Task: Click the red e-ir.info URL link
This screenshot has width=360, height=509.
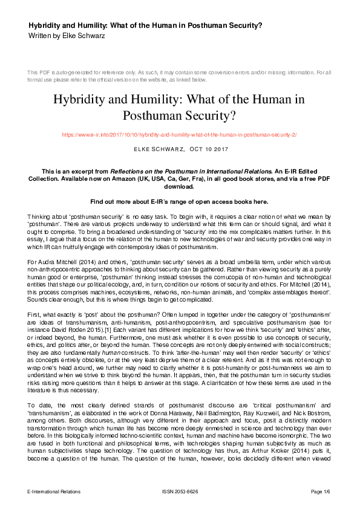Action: (180, 134)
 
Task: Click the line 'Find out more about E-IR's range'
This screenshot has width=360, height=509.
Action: (180, 201)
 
